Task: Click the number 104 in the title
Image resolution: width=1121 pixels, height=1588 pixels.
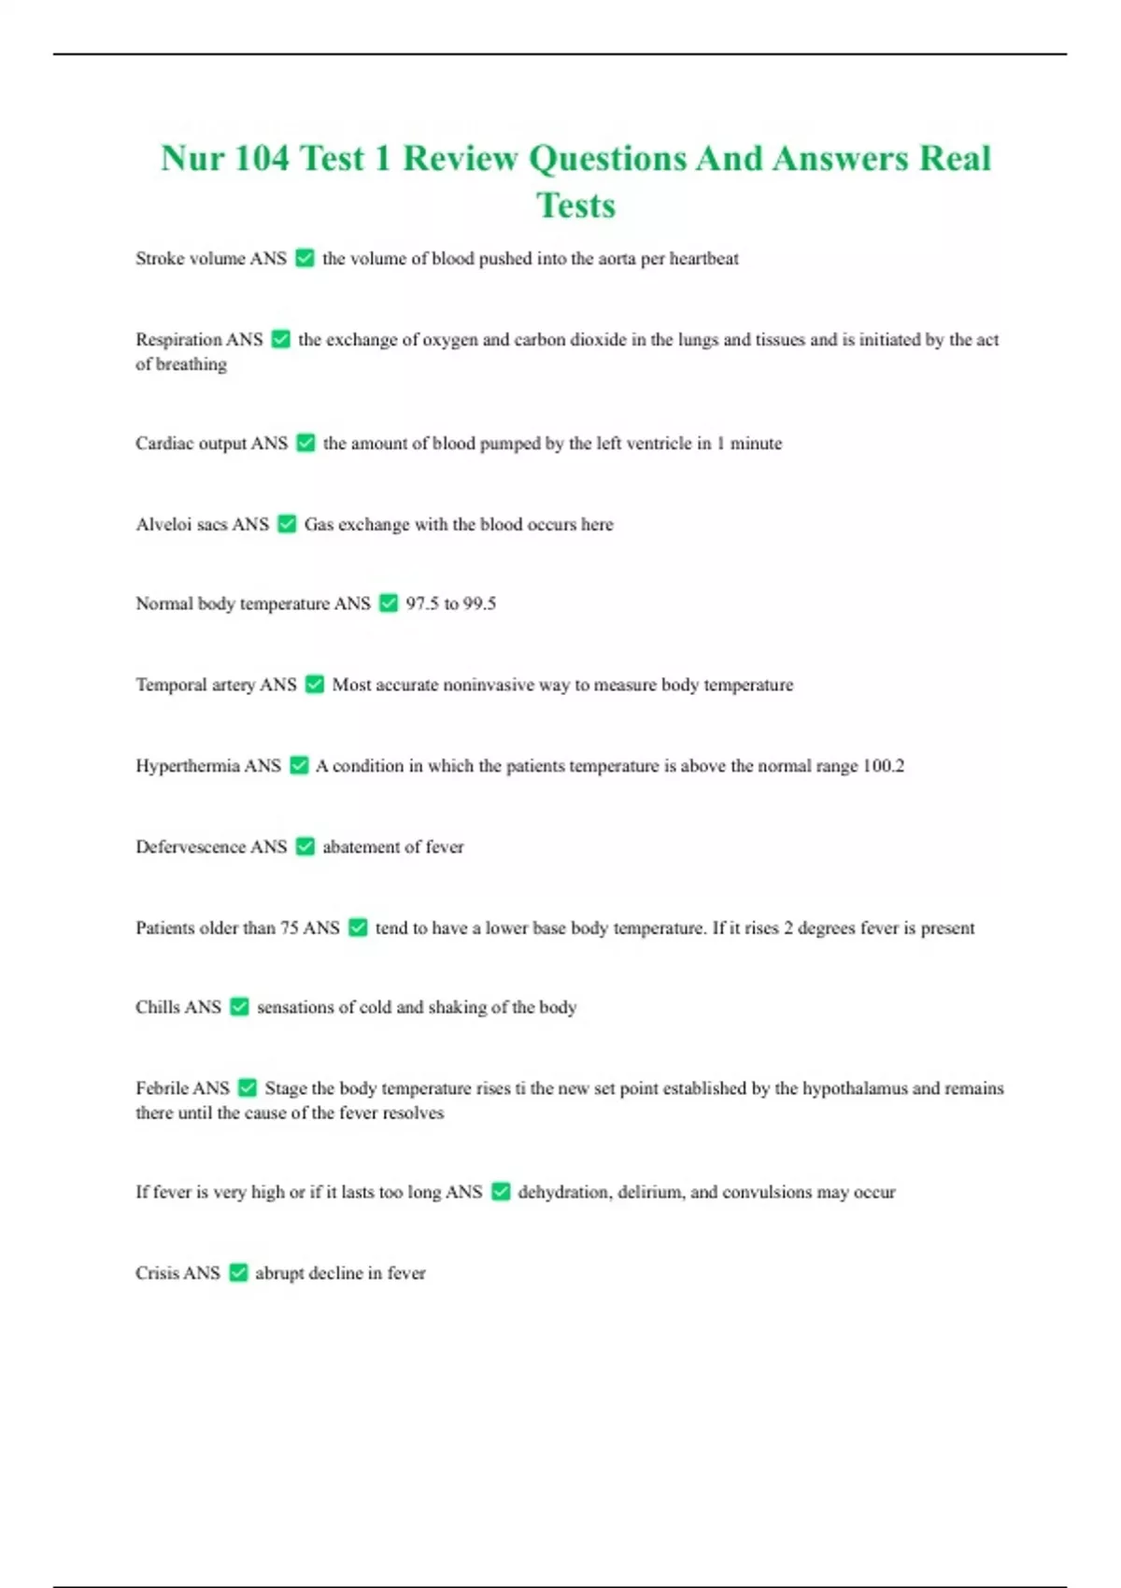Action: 262,158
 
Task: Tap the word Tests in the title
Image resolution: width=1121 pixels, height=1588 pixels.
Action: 575,206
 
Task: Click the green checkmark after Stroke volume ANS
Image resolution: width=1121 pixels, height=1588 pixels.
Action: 305,258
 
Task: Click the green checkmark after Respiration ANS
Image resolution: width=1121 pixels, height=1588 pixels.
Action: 280,339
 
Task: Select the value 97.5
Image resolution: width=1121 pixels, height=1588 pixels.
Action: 422,603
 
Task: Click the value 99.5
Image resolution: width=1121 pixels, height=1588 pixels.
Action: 479,603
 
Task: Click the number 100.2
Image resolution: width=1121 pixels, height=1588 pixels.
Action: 883,766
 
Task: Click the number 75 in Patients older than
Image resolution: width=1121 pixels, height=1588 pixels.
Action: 289,928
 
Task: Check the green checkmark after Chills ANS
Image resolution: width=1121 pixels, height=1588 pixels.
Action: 239,1007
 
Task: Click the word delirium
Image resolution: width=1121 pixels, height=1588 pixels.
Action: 649,1192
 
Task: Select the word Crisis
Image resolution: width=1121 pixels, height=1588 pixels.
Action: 157,1272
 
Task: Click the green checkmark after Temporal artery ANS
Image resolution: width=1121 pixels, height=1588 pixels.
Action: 315,685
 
